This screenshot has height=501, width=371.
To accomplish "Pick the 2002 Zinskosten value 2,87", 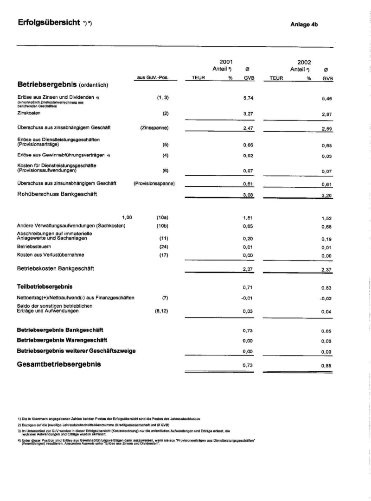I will point(326,114).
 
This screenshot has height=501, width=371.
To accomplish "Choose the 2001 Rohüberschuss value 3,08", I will point(248,195).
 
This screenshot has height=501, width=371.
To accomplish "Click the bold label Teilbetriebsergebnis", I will point(45,286).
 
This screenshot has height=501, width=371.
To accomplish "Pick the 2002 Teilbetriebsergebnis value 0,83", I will point(326,288).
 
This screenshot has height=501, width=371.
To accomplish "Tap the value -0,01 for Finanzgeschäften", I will point(247,298).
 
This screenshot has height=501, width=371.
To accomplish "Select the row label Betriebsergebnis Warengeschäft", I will point(62,340).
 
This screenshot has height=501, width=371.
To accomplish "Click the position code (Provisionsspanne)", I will point(154,183).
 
